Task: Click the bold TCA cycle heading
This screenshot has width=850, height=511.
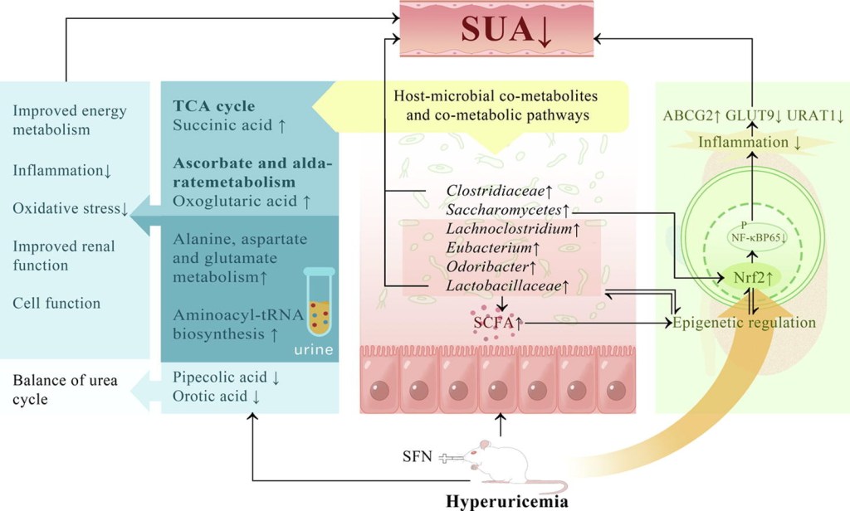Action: coord(213,106)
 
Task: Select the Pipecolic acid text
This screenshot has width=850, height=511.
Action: coord(220,377)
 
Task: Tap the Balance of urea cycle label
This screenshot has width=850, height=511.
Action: coord(65,390)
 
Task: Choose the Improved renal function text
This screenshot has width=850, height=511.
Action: coord(64,256)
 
